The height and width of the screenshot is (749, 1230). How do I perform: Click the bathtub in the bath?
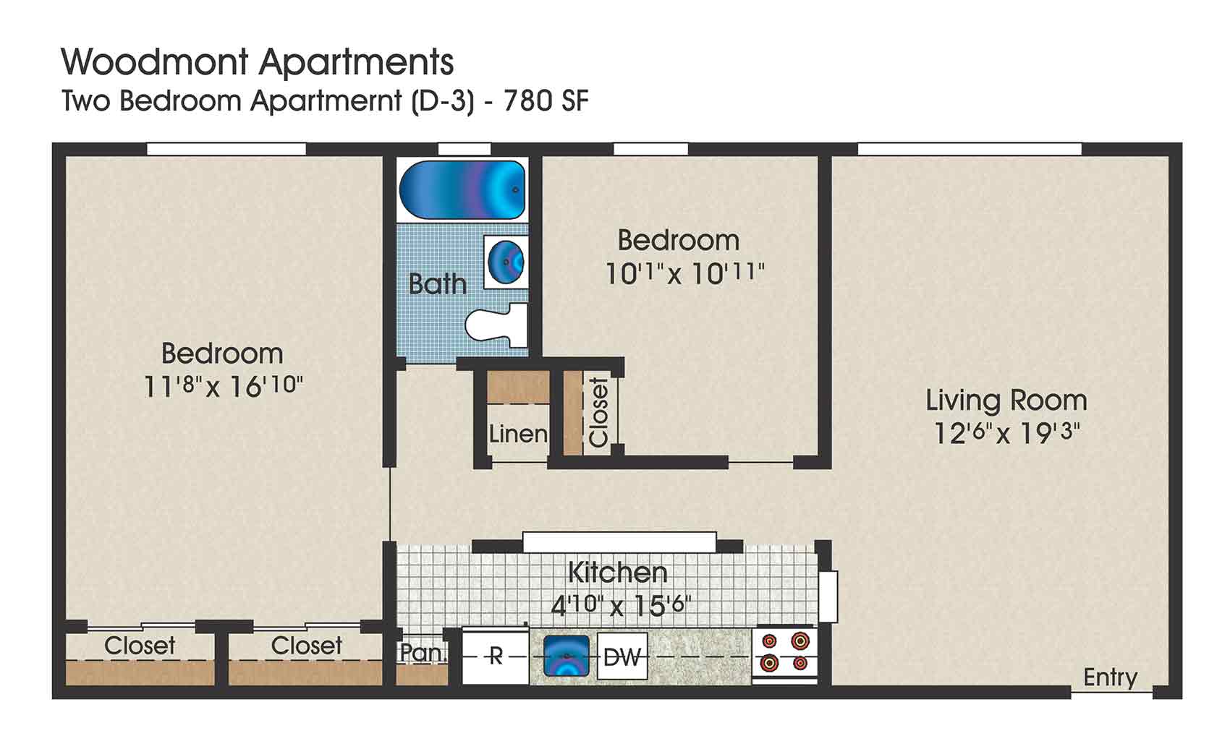pos(462,190)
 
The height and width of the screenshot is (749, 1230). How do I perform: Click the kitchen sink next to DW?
pos(566,656)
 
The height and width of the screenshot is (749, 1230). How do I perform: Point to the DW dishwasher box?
pos(622,656)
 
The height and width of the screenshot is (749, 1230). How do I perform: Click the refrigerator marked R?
pos(496,656)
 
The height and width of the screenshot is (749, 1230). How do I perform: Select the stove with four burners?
pos(785,653)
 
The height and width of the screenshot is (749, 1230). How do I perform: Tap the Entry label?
pos(1110,677)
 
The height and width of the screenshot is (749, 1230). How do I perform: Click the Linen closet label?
pos(518,434)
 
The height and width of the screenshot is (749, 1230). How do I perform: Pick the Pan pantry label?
pos(420,652)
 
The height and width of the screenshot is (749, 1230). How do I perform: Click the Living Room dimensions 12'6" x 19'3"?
pos(1006,434)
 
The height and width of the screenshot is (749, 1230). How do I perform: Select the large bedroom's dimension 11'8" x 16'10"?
pos(223,386)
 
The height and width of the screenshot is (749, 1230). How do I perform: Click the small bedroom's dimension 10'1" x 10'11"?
pos(684,274)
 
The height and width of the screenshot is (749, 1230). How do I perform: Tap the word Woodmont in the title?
pos(156,62)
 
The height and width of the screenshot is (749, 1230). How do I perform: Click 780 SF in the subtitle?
pos(546,101)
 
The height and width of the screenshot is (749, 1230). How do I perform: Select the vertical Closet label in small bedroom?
pos(599,412)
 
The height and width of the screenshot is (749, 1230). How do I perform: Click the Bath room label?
pos(437,284)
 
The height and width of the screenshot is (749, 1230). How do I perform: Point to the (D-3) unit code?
pos(443,101)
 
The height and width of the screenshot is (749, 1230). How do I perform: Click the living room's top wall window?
pos(970,150)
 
